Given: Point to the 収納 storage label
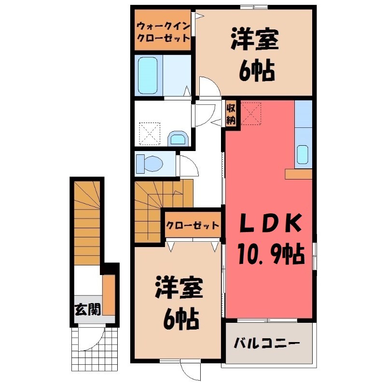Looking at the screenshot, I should [x=231, y=114].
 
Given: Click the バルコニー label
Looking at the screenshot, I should [x=267, y=344].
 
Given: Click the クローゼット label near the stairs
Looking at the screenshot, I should [x=193, y=225].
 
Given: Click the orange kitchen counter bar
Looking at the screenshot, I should [x=299, y=174].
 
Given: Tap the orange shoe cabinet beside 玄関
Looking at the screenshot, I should [x=109, y=294].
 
